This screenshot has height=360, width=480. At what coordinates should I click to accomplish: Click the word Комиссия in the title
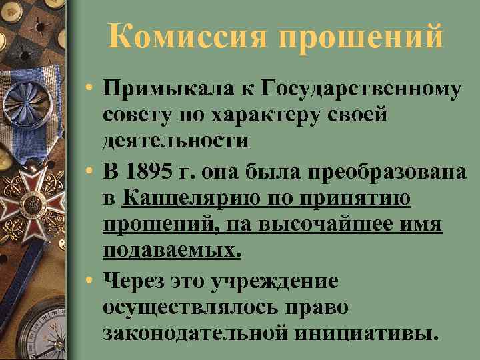coord(189,35)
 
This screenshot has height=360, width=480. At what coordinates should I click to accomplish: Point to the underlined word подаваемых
coord(172,252)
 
